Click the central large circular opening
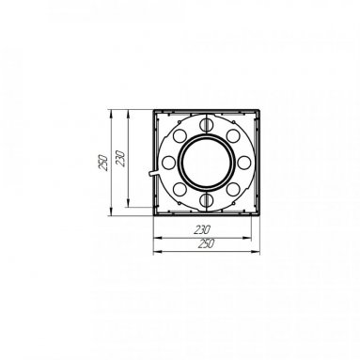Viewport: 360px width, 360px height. click(x=206, y=163)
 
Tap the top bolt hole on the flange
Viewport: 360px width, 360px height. click(x=206, y=125)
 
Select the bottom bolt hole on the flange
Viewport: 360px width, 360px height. click(x=206, y=199)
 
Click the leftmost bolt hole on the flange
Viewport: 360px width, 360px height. click(x=169, y=162)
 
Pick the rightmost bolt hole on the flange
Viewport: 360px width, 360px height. click(x=243, y=162)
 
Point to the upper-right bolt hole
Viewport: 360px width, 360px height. click(x=233, y=135)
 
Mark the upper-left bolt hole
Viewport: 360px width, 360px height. click(x=180, y=135)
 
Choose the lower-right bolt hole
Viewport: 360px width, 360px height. click(x=233, y=189)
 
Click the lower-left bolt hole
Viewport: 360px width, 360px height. click(x=180, y=189)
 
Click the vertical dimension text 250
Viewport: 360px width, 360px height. click(x=103, y=163)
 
